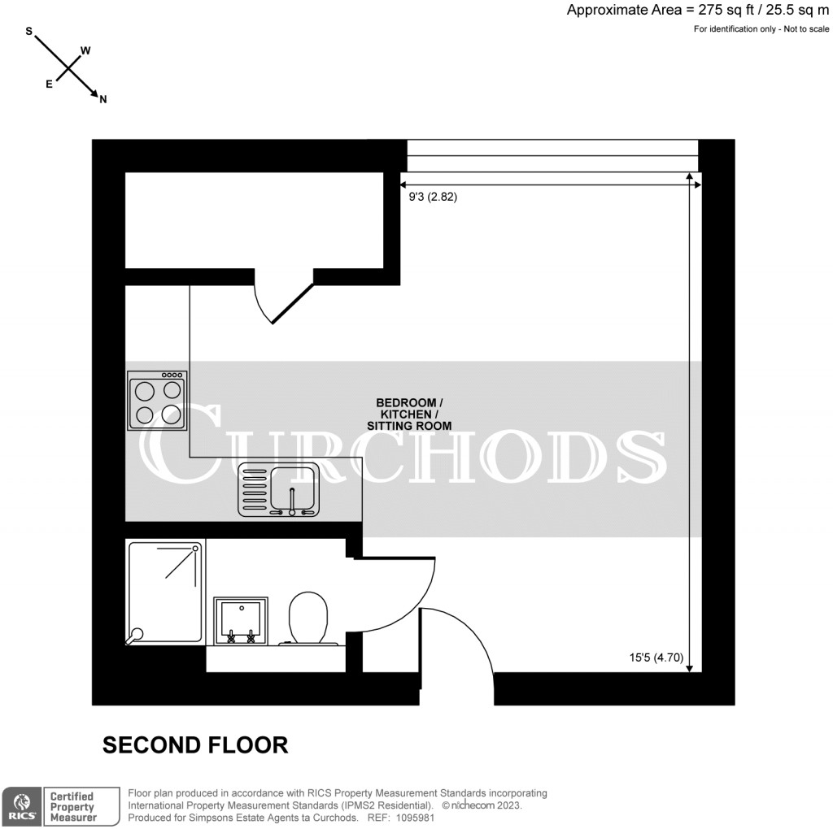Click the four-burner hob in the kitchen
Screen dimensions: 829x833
157,401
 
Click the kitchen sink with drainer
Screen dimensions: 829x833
278,490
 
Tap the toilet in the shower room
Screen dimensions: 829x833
308,618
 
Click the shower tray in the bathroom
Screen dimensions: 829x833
165,592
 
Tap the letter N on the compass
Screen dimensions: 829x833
103,99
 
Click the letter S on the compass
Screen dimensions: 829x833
29,32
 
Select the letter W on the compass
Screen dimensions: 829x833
85,50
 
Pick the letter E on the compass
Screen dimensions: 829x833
49,84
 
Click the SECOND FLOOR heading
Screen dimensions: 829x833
195,744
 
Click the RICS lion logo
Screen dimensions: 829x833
20,805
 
